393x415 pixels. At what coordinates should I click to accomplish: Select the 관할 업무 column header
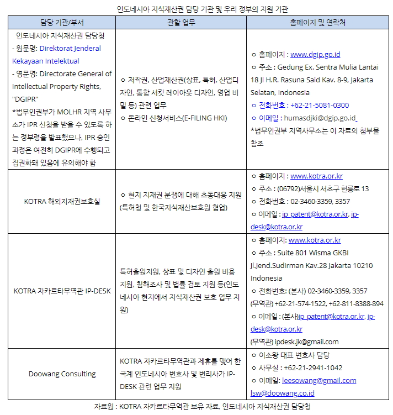click(x=182, y=23)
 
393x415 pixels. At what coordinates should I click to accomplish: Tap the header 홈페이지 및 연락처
click(x=317, y=23)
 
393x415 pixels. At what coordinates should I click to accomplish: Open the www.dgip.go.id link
click(x=315, y=54)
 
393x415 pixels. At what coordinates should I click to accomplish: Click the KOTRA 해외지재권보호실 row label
click(x=62, y=202)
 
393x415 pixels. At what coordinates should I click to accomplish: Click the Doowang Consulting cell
click(x=62, y=374)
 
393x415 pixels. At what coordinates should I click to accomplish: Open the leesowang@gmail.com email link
click(x=319, y=380)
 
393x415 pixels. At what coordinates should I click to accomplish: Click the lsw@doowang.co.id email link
click(x=283, y=393)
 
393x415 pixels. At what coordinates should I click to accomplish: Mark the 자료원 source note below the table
click(x=202, y=407)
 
